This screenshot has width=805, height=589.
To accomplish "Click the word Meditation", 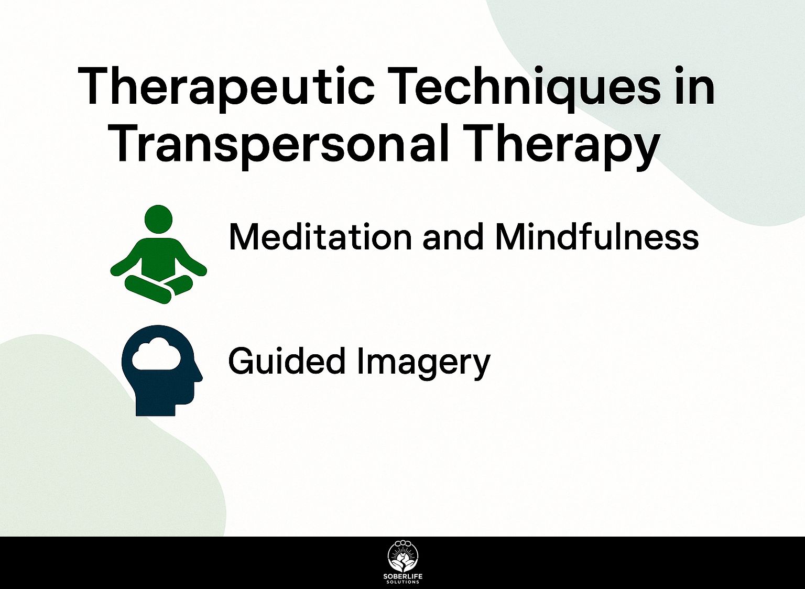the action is click(320, 237).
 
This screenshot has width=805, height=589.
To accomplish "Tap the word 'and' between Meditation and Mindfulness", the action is click(453, 237).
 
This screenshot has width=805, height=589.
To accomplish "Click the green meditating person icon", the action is click(158, 255).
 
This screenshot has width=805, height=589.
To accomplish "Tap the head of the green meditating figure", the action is click(158, 219).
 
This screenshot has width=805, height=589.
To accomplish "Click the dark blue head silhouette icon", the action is click(162, 370).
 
